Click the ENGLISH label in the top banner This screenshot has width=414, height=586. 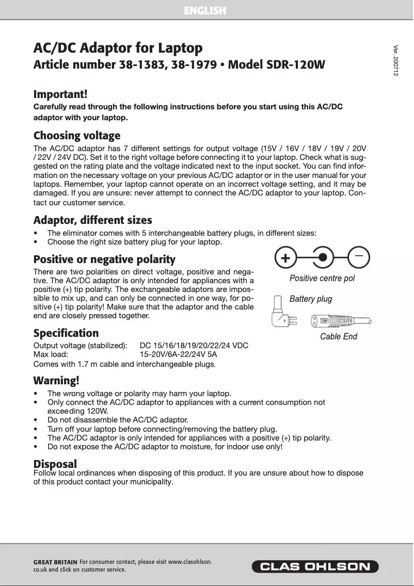205,10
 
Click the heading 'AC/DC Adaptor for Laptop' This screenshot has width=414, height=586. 118,48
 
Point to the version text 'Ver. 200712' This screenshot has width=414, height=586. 395,61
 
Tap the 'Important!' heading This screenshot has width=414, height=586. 60,94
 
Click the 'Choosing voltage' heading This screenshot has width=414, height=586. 77,136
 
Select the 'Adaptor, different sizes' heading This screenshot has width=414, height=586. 92,221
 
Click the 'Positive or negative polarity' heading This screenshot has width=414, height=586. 104,259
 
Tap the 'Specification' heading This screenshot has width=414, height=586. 66,333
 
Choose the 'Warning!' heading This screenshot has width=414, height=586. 56,381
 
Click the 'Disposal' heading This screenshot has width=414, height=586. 55,463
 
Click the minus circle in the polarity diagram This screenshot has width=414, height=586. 359,257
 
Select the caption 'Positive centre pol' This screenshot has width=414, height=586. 322,279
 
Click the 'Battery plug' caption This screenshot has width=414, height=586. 311,299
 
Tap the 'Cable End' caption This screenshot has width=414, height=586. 339,337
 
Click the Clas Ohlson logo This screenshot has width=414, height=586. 315,566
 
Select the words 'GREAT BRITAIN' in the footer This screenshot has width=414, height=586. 55,562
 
